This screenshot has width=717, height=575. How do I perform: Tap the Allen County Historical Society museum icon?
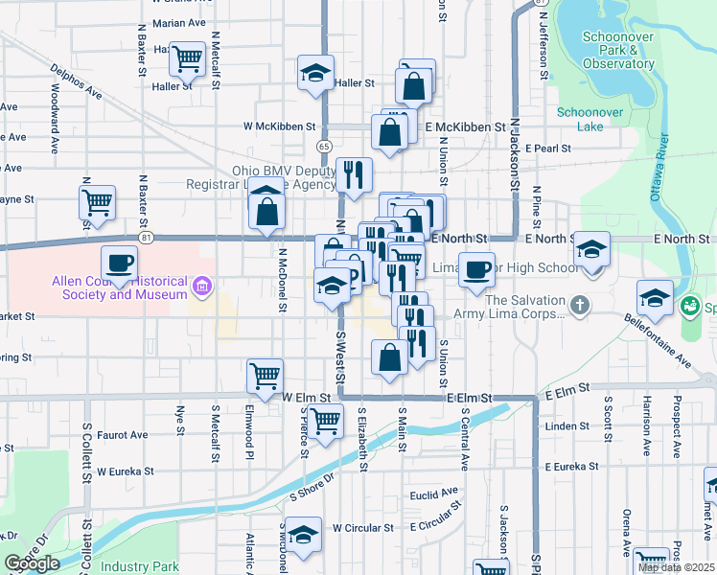pos(201,286)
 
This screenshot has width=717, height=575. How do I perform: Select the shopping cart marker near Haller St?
pos(188,59)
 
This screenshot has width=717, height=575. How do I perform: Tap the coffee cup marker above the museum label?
pos(119,262)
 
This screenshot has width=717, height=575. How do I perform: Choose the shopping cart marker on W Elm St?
pos(266,376)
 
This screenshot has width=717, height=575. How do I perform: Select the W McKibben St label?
pos(280,126)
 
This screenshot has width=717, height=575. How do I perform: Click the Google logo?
pos(31,563)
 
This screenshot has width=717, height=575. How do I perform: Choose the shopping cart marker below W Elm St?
pos(327,419)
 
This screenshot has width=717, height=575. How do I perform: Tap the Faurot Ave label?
pos(122,434)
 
